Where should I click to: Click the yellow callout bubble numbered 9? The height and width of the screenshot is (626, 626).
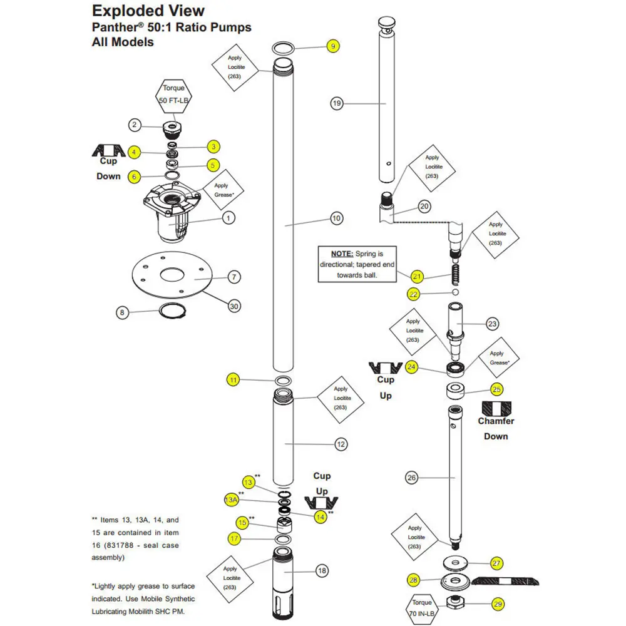pyautogui.click(x=334, y=46)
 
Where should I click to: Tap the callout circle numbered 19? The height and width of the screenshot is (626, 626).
pyautogui.click(x=337, y=103)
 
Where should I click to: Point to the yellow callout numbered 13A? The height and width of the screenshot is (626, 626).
pyautogui.click(x=230, y=500)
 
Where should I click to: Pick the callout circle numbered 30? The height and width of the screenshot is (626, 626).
pyautogui.click(x=234, y=306)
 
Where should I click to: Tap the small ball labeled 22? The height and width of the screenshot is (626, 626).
pyautogui.click(x=455, y=292)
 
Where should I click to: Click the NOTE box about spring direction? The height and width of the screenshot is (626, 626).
pyautogui.click(x=356, y=264)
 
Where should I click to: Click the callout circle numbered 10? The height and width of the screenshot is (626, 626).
pyautogui.click(x=337, y=218)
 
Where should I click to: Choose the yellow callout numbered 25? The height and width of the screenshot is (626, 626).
pyautogui.click(x=496, y=389)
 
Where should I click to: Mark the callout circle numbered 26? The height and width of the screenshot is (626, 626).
pyautogui.click(x=411, y=478)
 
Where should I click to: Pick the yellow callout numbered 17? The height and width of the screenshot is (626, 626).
pyautogui.click(x=235, y=538)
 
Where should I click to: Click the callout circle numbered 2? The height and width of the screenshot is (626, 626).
pyautogui.click(x=135, y=125)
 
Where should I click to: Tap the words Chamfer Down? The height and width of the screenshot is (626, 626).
pyautogui.click(x=496, y=428)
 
